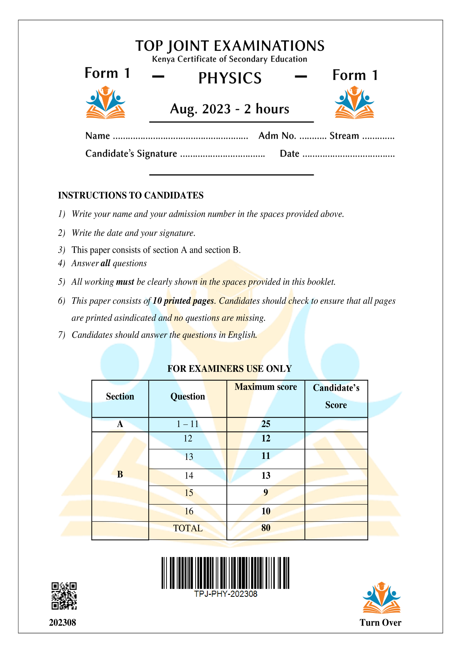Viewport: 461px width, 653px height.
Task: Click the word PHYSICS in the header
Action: tap(230, 78)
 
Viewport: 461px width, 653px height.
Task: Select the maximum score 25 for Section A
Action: tap(266, 424)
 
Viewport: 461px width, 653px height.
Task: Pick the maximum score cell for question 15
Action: tap(266, 492)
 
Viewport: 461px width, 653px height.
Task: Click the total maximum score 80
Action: tap(266, 528)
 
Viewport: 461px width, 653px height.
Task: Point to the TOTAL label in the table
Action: tap(188, 528)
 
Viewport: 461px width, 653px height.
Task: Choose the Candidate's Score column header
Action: tap(336, 396)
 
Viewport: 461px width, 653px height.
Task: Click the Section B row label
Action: tap(120, 474)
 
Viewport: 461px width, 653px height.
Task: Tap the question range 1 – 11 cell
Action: tap(188, 424)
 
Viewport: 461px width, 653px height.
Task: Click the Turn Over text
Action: tap(380, 623)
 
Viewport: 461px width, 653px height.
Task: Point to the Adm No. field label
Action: tap(277, 136)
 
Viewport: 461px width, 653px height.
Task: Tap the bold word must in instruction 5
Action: tap(125, 282)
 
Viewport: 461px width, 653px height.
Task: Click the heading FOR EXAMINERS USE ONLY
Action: tap(230, 369)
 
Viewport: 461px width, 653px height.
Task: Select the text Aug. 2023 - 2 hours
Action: tap(230, 109)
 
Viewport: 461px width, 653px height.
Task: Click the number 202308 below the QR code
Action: tap(62, 623)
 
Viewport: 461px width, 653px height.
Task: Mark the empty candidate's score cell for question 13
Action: tap(336, 459)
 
